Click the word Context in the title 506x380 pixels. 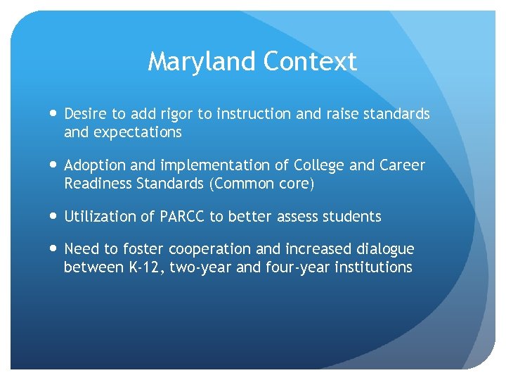click(311, 63)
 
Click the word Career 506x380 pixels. click(402, 165)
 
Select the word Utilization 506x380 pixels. click(98, 217)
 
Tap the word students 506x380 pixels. click(353, 217)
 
